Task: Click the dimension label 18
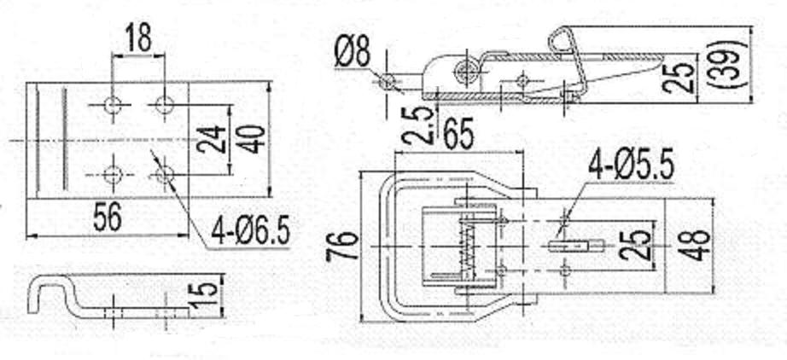tap(137, 38)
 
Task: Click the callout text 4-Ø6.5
tap(250, 231)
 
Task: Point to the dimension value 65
tap(458, 135)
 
